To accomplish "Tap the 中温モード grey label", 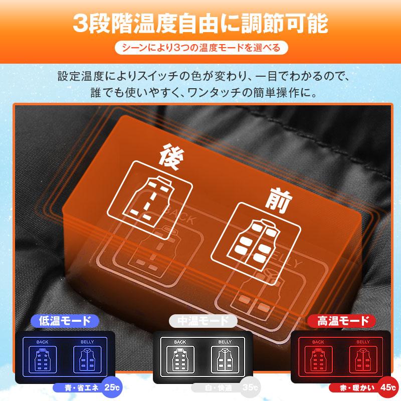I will pos(200,321).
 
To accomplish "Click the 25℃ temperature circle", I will pos(111,387).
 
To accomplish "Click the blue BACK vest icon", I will pos(43,360).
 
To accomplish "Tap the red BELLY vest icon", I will pos(359,360).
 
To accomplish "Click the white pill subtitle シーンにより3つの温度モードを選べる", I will pos(200,48).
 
